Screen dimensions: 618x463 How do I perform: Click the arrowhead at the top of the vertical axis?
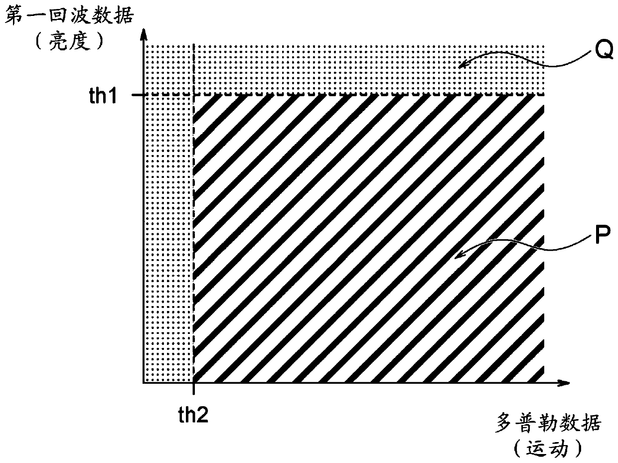144,34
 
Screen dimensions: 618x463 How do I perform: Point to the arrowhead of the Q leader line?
462,65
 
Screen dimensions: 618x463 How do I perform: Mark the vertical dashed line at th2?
193,239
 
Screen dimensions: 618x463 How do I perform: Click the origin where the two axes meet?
144,383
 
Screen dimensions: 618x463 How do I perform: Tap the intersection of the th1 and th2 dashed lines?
193,95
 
